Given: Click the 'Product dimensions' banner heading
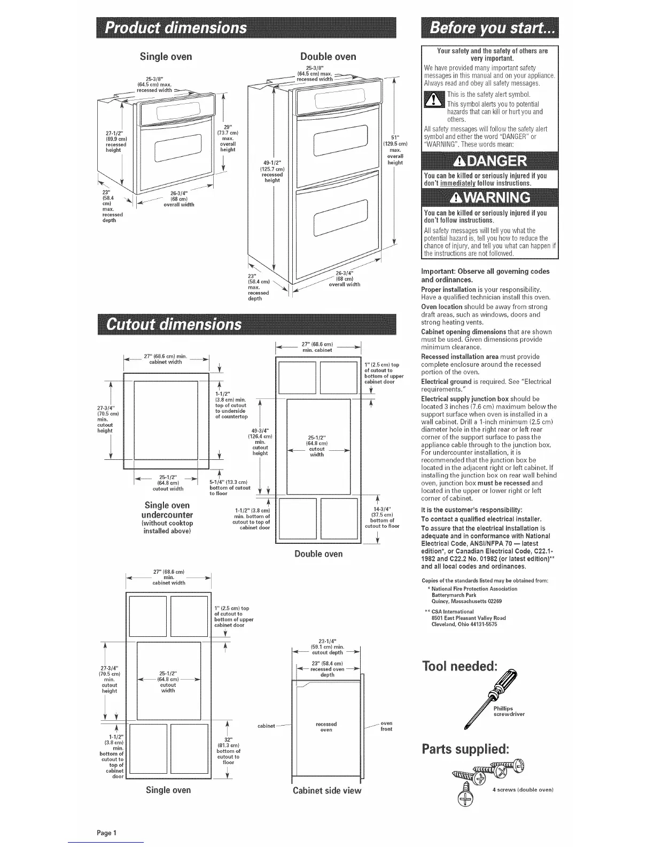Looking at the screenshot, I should (x=176, y=28).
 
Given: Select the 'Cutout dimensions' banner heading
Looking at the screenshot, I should (x=174, y=325).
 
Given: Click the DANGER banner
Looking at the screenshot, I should (x=489, y=161).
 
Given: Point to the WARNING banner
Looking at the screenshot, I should (x=489, y=197).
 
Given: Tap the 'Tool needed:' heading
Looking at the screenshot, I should (x=460, y=666).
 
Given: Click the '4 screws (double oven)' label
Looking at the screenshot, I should (x=523, y=790).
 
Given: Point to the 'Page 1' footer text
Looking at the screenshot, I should (x=107, y=833).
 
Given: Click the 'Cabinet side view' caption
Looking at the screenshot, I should (x=326, y=790).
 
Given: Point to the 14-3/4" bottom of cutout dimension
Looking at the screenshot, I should (x=381, y=517).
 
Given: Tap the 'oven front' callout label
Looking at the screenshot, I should (x=386, y=726).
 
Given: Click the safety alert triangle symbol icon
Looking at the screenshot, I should (x=433, y=100).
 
